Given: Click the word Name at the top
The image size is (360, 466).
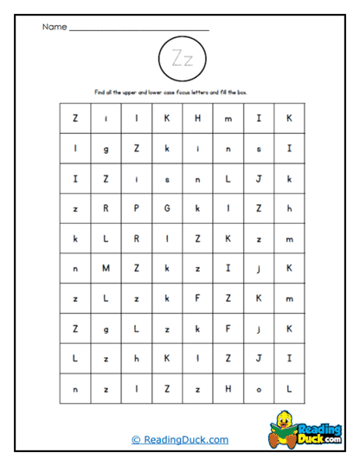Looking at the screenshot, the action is [x=54, y=27].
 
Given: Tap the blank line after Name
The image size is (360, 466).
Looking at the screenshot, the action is [x=138, y=29].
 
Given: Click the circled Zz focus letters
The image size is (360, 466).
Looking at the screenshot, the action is [x=183, y=59].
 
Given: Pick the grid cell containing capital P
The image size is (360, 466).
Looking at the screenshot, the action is [x=137, y=208].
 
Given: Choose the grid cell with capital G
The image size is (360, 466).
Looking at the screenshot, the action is [x=167, y=208].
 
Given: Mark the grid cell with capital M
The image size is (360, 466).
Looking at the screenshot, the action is [x=106, y=269].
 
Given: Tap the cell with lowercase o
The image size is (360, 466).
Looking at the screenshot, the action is [x=259, y=390].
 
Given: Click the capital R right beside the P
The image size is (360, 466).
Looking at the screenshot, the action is [x=106, y=208].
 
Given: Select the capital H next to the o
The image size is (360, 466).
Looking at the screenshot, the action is [x=228, y=390].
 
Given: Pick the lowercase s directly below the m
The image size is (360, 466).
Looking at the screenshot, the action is [x=259, y=148].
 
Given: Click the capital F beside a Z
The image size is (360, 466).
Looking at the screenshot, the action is [x=197, y=299].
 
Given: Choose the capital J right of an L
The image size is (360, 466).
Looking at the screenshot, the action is [x=259, y=178].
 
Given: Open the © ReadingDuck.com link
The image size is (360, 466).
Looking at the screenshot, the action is [x=180, y=439].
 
